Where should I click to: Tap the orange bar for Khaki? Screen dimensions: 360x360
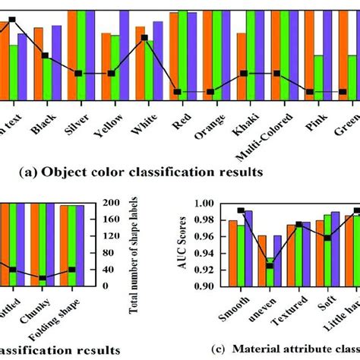[241, 66]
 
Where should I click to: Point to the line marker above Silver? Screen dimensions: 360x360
[78, 73]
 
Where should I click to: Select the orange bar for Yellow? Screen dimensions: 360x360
[106, 67]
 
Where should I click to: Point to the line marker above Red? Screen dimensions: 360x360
[177, 92]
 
